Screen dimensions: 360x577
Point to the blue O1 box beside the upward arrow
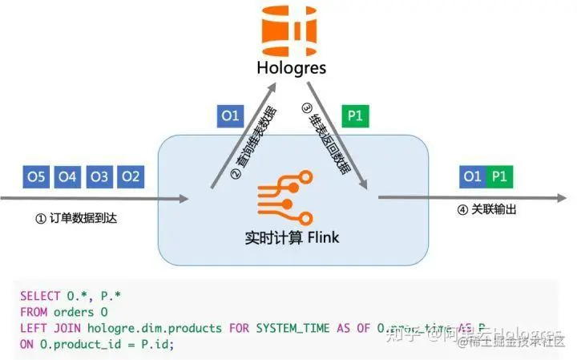[x=230, y=116]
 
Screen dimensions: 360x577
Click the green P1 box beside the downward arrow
[x=354, y=116]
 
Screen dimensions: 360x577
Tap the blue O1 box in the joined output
[x=473, y=176]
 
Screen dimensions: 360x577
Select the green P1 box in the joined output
[x=498, y=176]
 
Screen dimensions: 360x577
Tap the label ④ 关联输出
[x=486, y=211]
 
